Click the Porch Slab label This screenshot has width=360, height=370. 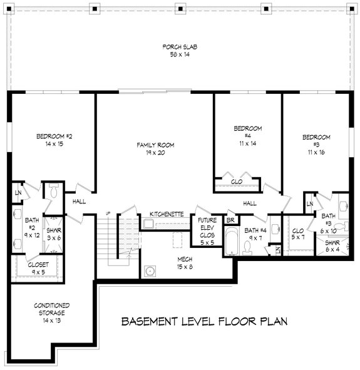click(x=180, y=51)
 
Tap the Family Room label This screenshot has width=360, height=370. click(x=155, y=148)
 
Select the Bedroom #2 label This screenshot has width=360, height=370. click(x=54, y=140)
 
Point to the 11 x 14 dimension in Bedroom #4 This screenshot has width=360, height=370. click(x=248, y=143)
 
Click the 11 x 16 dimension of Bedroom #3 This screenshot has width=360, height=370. click(x=316, y=152)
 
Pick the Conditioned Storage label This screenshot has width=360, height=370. click(x=52, y=312)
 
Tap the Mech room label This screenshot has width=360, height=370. click(x=185, y=263)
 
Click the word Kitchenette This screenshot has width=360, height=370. click(x=167, y=214)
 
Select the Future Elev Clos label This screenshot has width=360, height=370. click(x=207, y=231)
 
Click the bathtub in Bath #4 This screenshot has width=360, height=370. click(x=231, y=241)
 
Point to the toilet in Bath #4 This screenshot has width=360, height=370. click(x=247, y=249)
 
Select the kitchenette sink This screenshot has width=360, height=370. click(x=148, y=224)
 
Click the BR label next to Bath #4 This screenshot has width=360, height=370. click(x=230, y=220)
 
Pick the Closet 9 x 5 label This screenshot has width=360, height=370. click(x=38, y=269)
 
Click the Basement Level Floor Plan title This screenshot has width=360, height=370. click(x=204, y=321)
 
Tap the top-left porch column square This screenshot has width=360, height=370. click(x=9, y=9)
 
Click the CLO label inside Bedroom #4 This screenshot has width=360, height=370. click(x=237, y=182)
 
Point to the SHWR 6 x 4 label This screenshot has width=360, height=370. click(x=332, y=246)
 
